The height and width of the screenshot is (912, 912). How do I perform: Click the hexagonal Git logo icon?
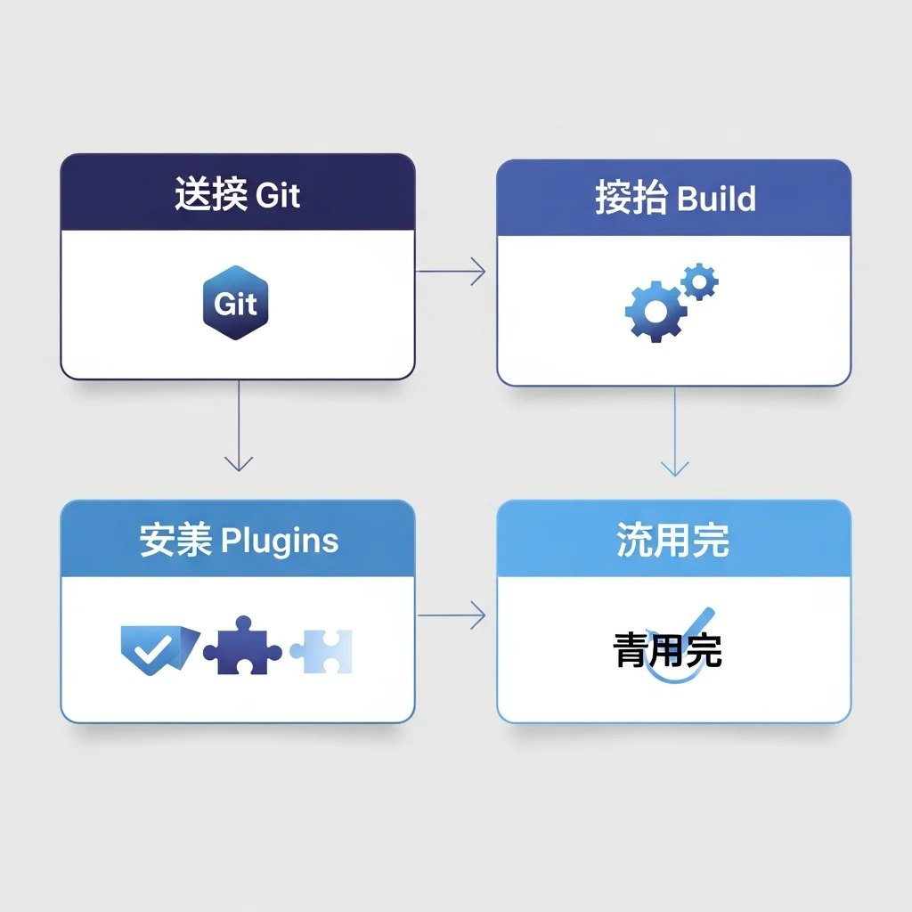pyautogui.click(x=236, y=303)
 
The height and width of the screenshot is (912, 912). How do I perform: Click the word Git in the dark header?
pyautogui.click(x=278, y=195)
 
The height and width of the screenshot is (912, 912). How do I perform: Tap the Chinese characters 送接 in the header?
pyautogui.click(x=210, y=194)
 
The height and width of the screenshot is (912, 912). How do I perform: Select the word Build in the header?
pyautogui.click(x=716, y=198)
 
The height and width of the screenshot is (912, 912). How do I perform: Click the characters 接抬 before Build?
pyautogui.click(x=631, y=198)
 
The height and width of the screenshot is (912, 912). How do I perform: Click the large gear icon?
pyautogui.click(x=655, y=312)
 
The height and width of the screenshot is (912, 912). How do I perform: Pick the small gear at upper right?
pyautogui.click(x=700, y=282)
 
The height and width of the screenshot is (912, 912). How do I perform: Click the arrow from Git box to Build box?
pyautogui.click(x=451, y=272)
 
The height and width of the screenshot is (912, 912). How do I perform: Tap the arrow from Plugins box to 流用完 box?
pyautogui.click(x=452, y=615)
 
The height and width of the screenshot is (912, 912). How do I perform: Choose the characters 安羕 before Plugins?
pyautogui.click(x=175, y=541)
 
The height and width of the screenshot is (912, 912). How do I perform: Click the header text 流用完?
pyautogui.click(x=672, y=541)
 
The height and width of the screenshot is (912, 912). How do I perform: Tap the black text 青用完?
pyautogui.click(x=668, y=652)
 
